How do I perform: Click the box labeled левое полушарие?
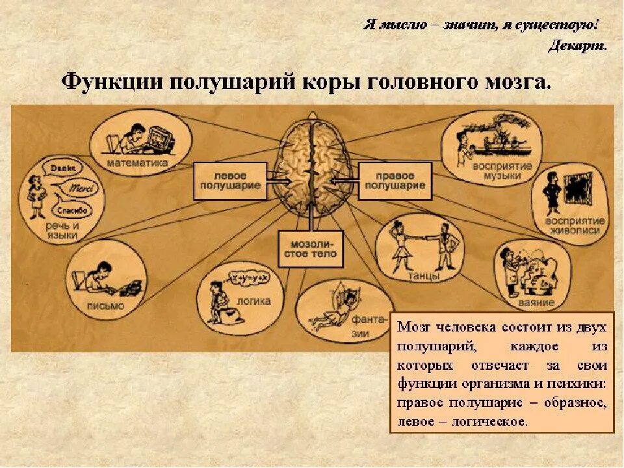coord(230,181)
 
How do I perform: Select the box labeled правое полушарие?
coord(395,181)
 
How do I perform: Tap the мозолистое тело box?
coord(310,248)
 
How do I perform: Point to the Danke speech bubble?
coord(62,168)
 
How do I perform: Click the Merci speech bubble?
coord(80,188)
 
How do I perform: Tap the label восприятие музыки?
coord(507,171)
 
